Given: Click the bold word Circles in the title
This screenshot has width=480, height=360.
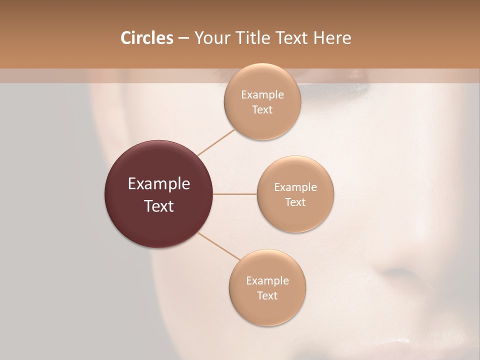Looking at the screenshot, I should pyautogui.click(x=146, y=38).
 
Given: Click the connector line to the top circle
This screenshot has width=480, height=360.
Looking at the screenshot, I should pyautogui.click(x=216, y=142).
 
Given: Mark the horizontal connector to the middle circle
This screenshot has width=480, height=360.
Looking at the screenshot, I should pyautogui.click(x=235, y=194).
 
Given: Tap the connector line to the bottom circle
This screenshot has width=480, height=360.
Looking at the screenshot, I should pyautogui.click(x=218, y=247).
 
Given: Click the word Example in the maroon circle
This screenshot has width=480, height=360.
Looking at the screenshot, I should pyautogui.click(x=159, y=184).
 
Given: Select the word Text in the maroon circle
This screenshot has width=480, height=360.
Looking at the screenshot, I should pyautogui.click(x=159, y=206).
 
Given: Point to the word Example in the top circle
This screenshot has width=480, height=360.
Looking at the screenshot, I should pyautogui.click(x=262, y=94).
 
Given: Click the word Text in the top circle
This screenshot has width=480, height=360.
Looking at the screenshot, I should pyautogui.click(x=262, y=109).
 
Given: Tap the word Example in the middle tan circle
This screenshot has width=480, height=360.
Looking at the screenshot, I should pyautogui.click(x=295, y=187).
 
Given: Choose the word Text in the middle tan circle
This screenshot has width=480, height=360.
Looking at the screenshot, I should pyautogui.click(x=295, y=202).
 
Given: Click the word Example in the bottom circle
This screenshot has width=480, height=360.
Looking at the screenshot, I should pyautogui.click(x=267, y=280).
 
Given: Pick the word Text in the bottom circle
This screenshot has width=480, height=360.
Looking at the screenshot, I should pyautogui.click(x=267, y=295).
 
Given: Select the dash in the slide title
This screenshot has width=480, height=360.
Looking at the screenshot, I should pyautogui.click(x=183, y=38).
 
